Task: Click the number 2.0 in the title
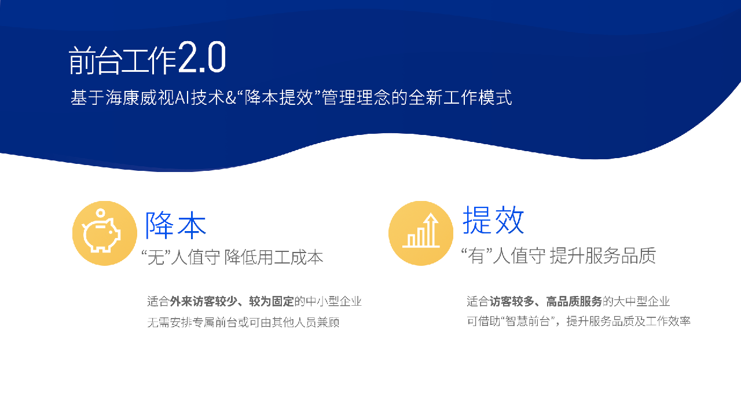(202, 57)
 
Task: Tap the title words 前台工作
(122, 60)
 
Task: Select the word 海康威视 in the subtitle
(140, 97)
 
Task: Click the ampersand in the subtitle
(230, 98)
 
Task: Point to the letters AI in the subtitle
(182, 98)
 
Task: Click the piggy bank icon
(101, 231)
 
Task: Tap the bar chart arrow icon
(421, 231)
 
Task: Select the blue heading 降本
(176, 225)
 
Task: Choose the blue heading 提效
(493, 220)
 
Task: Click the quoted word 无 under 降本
(156, 257)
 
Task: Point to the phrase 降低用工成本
(274, 257)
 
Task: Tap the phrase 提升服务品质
(603, 255)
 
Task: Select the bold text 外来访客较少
(204, 301)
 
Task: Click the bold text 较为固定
(272, 301)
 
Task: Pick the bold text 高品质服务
(574, 301)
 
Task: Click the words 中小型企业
(334, 301)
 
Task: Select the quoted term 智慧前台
(527, 321)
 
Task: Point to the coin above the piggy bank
(101, 213)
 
